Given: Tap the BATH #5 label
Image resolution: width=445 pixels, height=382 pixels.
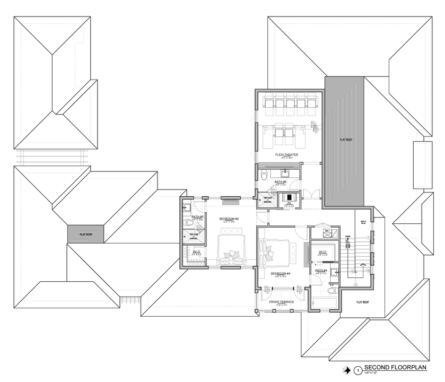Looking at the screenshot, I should click(x=281, y=181).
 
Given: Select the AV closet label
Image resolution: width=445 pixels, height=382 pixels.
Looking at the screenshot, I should click(x=290, y=203).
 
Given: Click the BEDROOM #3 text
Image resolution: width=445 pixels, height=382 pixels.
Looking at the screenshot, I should click(x=229, y=219).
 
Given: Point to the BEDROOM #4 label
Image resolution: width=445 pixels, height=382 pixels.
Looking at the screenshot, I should click(x=280, y=274).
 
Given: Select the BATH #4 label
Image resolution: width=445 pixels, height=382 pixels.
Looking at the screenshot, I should click(x=320, y=271).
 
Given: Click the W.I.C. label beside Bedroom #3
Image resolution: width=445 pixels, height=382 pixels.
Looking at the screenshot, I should click(x=196, y=251).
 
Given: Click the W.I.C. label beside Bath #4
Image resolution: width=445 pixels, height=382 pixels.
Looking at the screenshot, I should click(x=322, y=251).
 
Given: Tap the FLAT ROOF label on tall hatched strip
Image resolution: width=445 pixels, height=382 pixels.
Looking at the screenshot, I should click(x=345, y=140).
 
